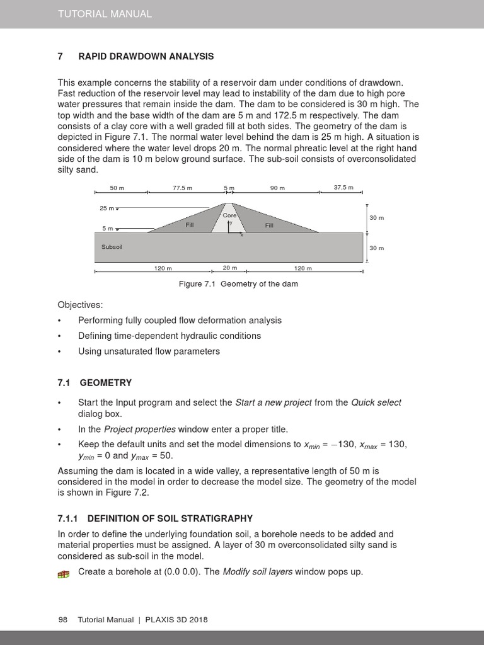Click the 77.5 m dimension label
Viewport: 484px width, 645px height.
(x=182, y=188)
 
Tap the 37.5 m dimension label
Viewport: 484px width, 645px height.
(x=343, y=187)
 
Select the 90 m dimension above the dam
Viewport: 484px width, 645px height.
(x=277, y=188)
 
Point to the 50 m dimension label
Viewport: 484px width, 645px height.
(x=117, y=188)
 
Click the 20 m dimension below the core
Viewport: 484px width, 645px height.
(x=229, y=268)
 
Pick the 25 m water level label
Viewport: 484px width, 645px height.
(x=107, y=208)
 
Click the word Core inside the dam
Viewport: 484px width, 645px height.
(x=229, y=215)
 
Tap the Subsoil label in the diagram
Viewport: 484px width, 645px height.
(x=112, y=247)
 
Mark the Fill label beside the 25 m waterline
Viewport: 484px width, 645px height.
(x=190, y=225)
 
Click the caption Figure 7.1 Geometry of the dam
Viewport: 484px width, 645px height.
(x=238, y=284)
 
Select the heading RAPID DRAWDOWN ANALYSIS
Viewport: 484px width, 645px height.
(x=146, y=57)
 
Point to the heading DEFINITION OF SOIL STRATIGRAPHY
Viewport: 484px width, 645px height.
(x=170, y=518)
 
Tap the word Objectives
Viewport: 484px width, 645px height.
(x=80, y=304)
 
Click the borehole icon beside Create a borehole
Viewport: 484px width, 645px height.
(x=63, y=573)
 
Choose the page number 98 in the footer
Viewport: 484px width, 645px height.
(x=62, y=620)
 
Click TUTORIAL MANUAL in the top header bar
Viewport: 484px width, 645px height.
(x=105, y=14)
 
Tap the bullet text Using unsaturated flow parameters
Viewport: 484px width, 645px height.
(x=149, y=351)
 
